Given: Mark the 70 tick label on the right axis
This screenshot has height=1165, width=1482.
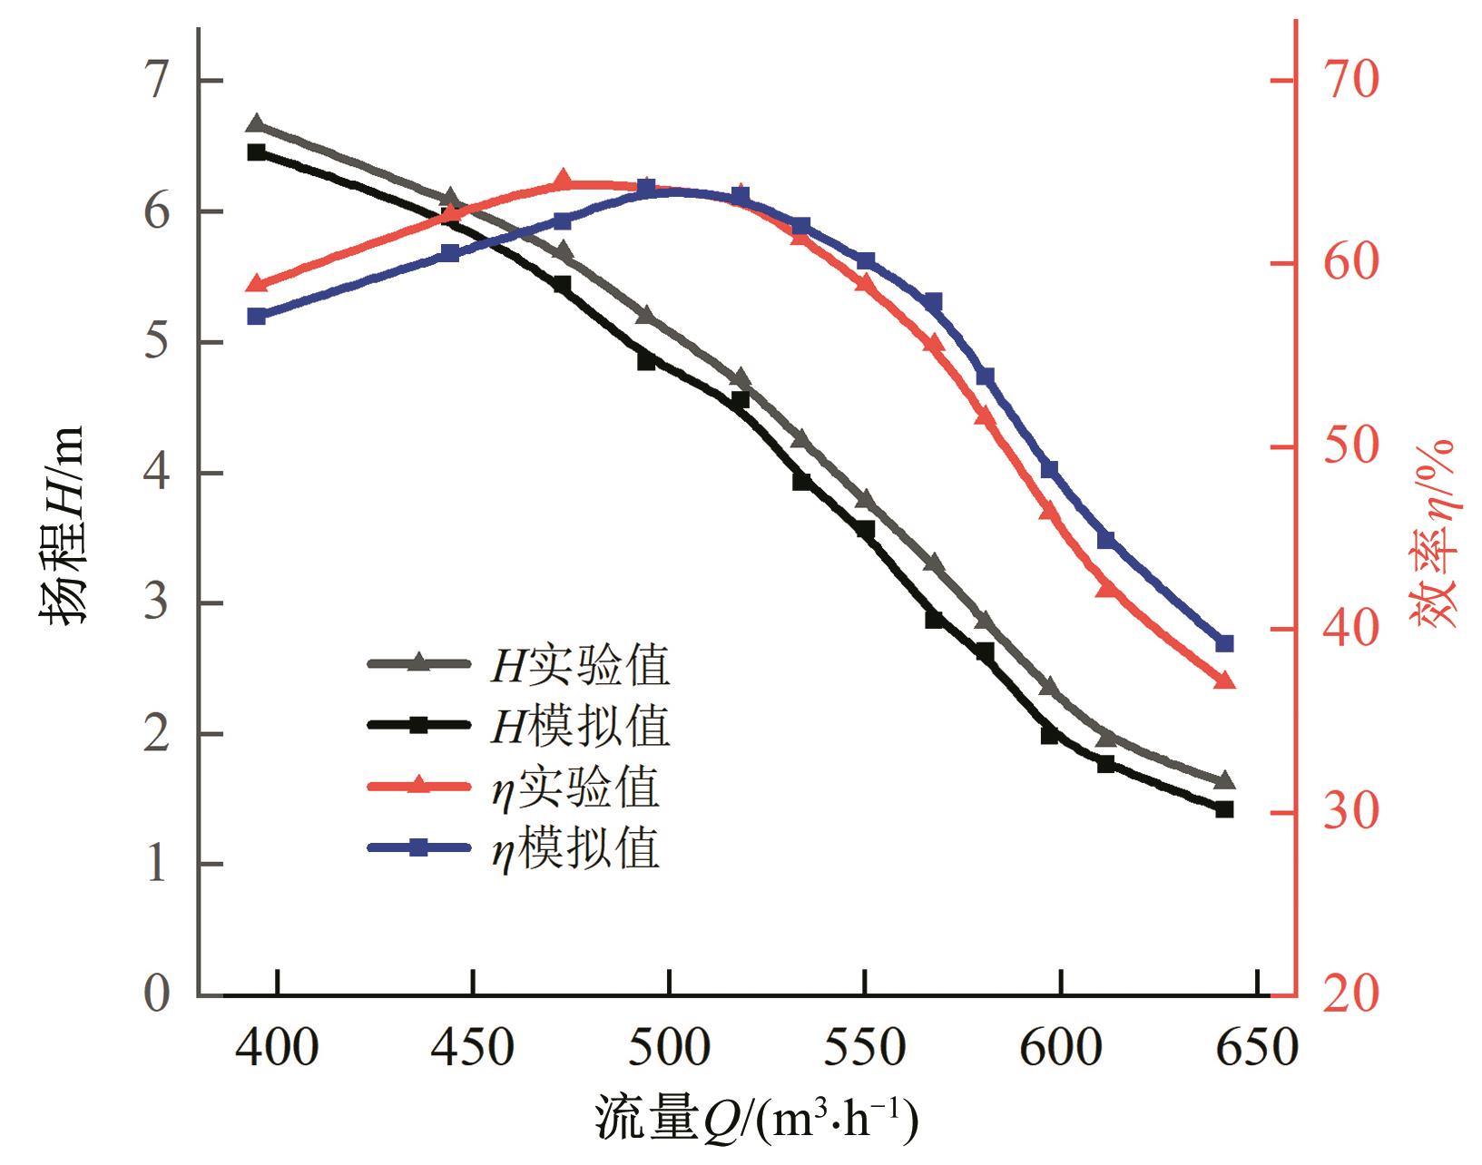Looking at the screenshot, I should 1350,80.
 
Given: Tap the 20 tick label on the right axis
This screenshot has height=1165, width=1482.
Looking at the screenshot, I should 1350,995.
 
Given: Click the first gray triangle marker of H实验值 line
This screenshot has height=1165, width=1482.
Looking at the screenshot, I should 256,125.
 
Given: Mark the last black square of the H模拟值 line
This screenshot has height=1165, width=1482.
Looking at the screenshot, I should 1224,809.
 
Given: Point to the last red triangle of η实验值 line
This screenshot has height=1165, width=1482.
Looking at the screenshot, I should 1224,680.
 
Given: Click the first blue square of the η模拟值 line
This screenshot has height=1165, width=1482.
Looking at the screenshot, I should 257,317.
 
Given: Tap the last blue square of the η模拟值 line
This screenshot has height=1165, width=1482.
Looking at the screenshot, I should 1224,643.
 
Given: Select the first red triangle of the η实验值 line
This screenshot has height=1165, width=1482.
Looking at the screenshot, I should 257,285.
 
